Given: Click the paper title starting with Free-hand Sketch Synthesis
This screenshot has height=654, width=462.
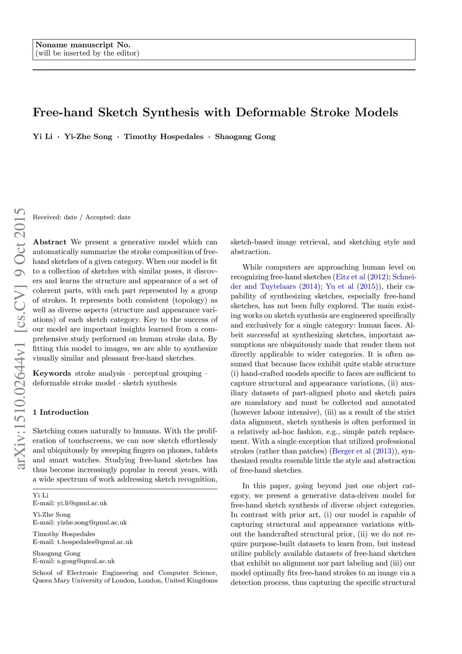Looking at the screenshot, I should (215, 112).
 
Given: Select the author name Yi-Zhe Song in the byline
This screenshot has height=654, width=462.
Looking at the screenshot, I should (88, 137).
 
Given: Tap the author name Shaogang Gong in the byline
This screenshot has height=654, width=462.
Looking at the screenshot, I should (245, 137).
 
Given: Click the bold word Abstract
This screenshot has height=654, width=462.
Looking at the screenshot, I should (50, 242).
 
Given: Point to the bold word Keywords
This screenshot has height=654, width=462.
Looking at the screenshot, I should (52, 374).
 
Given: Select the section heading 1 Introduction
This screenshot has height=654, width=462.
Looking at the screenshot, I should (60, 412).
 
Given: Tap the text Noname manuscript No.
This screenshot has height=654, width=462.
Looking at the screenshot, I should (83, 45).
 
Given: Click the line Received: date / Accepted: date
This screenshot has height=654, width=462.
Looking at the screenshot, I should (82, 217).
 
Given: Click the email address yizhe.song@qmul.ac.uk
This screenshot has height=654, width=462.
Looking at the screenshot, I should (92, 523).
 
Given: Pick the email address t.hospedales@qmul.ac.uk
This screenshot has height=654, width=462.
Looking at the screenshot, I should (95, 542).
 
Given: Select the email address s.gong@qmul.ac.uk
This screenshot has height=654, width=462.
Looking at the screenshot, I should (86, 561).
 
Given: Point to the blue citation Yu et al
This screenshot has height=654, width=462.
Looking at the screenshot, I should (339, 287).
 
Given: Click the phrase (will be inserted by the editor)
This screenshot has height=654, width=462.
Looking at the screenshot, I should (87, 53).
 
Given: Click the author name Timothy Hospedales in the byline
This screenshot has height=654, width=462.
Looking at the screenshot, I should (164, 137).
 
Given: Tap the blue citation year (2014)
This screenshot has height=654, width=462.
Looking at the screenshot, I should (309, 287).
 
